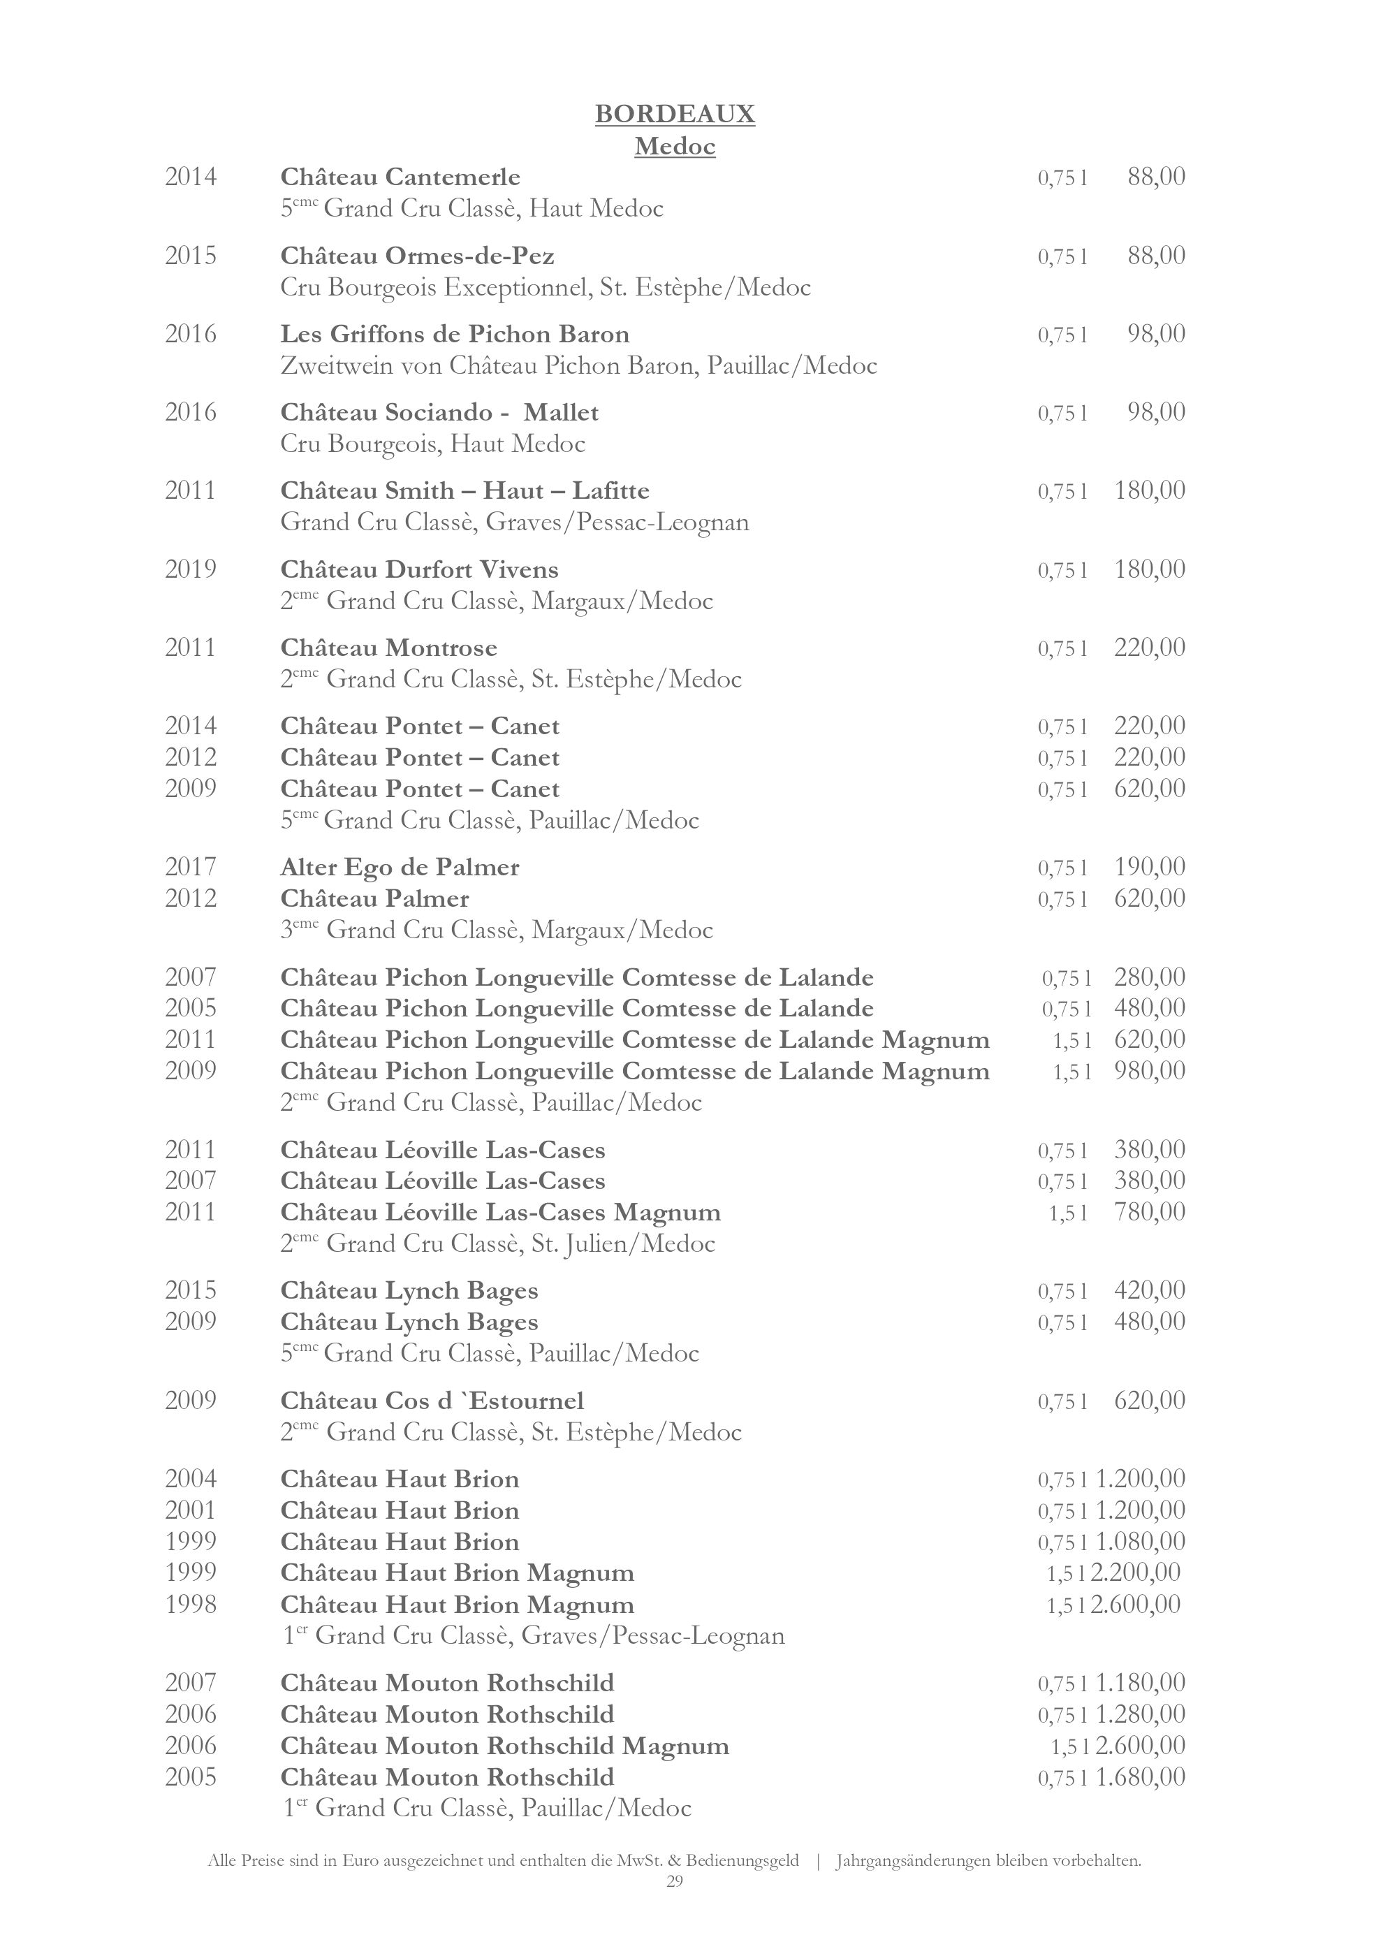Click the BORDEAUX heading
click(x=675, y=114)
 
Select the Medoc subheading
click(x=675, y=147)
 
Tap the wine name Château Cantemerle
click(x=400, y=177)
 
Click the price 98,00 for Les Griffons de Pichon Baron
click(x=1155, y=334)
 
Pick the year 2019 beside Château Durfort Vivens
click(x=191, y=569)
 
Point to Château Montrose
click(x=388, y=648)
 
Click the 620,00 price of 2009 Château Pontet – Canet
click(x=1149, y=789)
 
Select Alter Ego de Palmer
click(x=400, y=867)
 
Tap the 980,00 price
click(x=1149, y=1071)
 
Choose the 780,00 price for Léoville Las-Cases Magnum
click(x=1149, y=1212)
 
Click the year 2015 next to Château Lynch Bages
click(x=191, y=1291)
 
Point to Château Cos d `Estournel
click(x=432, y=1401)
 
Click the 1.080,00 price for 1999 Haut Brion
click(x=1139, y=1542)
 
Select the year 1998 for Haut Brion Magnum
click(x=191, y=1605)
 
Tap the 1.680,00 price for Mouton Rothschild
click(x=1139, y=1777)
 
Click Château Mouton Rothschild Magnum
click(x=504, y=1746)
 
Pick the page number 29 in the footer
click(x=675, y=1881)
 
